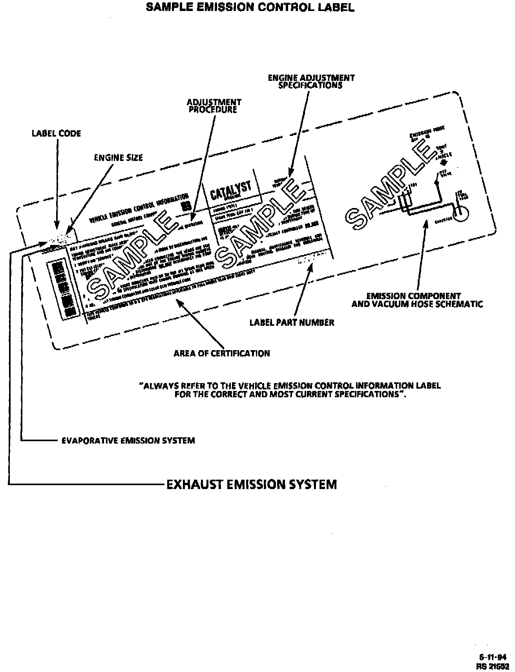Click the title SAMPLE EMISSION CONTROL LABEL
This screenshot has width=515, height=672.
click(250, 7)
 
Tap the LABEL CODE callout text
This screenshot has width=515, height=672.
click(56, 133)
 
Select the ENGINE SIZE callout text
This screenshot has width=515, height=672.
click(119, 158)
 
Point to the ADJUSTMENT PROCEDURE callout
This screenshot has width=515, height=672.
click(214, 106)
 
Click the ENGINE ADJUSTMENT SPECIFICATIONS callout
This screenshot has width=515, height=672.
click(311, 81)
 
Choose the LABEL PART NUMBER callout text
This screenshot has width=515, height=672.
click(292, 323)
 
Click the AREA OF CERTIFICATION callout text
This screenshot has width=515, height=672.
click(222, 353)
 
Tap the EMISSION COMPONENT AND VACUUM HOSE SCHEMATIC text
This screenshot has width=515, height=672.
click(417, 300)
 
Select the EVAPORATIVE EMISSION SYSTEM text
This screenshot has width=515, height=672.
click(128, 440)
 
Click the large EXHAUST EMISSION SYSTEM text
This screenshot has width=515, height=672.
click(252, 484)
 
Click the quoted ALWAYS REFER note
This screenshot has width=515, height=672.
click(290, 390)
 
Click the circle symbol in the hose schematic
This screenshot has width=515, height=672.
click(462, 212)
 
